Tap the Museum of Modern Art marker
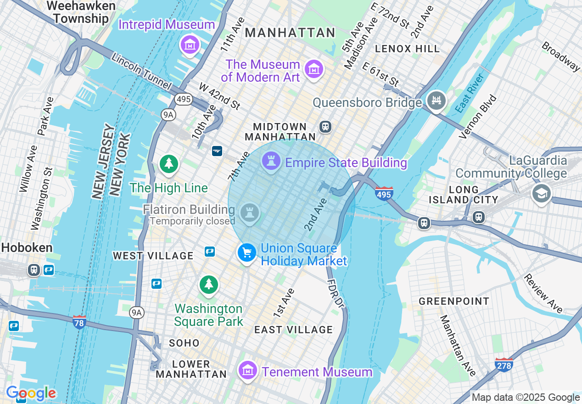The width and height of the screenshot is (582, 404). pos(314,69)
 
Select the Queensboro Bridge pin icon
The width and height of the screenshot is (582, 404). pos(436,101)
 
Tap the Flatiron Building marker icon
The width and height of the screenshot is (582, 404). pos(249,213)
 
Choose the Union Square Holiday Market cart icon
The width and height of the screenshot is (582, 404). pos(247,252)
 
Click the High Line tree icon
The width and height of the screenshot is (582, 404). pos(169,163)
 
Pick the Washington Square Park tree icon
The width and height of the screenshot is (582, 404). pos(209,284)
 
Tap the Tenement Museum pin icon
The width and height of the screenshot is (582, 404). pos(248,369)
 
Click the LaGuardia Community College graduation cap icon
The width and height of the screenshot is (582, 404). pos(541,193)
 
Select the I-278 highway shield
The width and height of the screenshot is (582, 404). pos(504,365)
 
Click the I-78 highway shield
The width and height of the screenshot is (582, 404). pos(79,321)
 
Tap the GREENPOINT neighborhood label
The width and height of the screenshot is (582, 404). pos(453,301)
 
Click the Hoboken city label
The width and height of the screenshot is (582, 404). pos(26,248)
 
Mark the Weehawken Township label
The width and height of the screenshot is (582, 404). pos(78,12)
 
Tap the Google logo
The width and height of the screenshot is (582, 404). pos(31,393)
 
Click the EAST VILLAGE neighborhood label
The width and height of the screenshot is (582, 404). pos(293,330)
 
